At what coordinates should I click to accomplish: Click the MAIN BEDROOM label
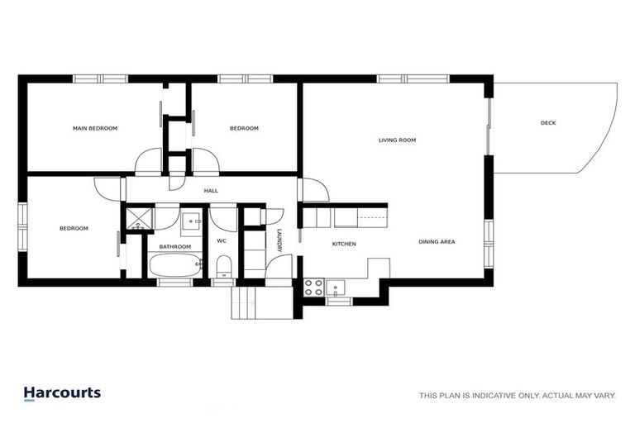pos(95,128)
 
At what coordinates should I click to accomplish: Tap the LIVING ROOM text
pos(397,140)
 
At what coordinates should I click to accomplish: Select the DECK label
pos(548,123)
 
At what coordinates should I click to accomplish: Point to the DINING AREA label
pos(437,242)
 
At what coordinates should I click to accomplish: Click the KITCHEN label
pos(344,245)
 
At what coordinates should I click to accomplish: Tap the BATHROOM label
pos(175,246)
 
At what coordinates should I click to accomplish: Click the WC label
pos(222,241)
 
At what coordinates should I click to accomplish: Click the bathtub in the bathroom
pos(175,267)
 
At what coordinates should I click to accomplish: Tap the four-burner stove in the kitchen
pos(313,288)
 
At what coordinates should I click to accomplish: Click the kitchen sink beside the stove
pos(335,288)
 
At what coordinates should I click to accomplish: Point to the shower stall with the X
pos(139,219)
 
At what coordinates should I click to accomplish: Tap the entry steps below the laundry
pos(261,302)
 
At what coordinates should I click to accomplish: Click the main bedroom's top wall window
pos(100,79)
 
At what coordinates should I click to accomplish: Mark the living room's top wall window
pos(413,79)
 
